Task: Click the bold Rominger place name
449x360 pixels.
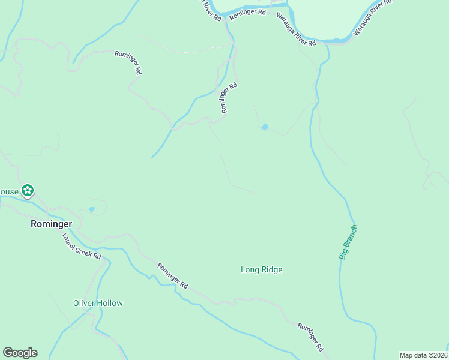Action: coord(51,224)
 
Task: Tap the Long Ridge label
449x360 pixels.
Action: coord(261,270)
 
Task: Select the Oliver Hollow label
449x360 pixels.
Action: coord(98,303)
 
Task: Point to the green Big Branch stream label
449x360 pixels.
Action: coord(348,242)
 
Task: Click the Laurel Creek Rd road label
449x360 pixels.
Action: coord(82,246)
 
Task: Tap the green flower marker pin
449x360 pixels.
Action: coord(27,191)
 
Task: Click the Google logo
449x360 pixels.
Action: coord(20,353)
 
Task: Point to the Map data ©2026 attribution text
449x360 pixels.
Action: coord(423,355)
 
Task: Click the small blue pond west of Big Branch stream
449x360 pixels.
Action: coord(264,127)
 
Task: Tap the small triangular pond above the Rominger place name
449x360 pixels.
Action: coord(91,209)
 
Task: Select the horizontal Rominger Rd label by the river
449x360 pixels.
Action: coord(247,12)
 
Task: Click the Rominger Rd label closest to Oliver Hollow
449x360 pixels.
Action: coord(173,276)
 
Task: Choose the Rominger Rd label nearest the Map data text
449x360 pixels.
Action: coord(311,337)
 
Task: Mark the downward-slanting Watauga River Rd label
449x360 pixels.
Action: coord(296,30)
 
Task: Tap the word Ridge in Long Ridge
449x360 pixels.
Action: coord(271,270)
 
